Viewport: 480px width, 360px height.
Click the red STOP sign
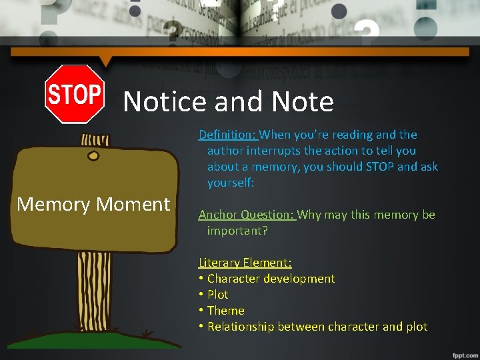click(74, 94)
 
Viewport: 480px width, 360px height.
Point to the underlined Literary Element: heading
click(245, 263)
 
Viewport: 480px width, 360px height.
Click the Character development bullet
click(271, 279)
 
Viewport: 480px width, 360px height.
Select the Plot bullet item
click(217, 295)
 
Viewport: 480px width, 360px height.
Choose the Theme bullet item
click(225, 311)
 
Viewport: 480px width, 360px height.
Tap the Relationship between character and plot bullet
click(317, 327)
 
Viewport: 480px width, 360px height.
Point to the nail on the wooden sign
click(93, 156)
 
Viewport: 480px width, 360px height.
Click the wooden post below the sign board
click(94, 293)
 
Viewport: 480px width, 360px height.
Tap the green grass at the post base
click(94, 340)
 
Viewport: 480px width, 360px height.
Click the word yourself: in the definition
click(231, 183)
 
